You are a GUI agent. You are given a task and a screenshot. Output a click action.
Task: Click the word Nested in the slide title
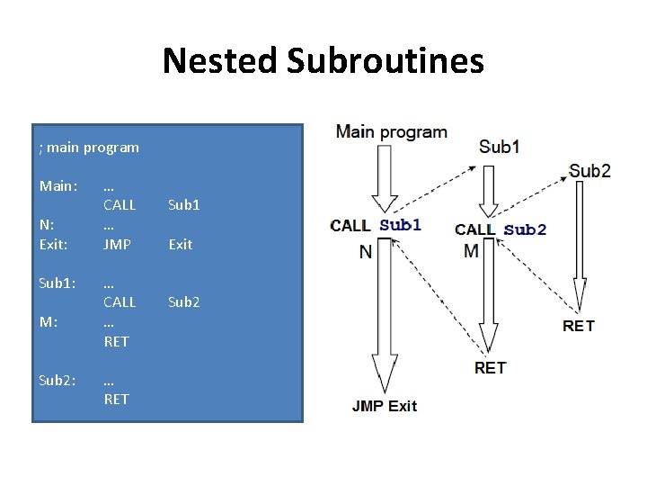[220, 61]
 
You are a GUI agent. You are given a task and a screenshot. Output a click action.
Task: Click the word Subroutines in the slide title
[386, 61]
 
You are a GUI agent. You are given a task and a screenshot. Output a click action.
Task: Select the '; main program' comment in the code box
[89, 147]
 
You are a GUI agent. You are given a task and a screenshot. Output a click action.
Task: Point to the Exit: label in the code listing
[54, 244]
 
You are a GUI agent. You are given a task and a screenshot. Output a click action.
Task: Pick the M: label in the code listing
[49, 322]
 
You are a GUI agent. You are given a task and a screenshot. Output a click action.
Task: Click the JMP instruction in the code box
[117, 244]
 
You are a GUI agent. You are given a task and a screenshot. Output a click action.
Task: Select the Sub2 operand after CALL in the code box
[184, 302]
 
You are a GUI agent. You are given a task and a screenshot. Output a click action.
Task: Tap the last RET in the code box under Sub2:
[116, 399]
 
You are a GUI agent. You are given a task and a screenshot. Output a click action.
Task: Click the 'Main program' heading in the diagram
[391, 132]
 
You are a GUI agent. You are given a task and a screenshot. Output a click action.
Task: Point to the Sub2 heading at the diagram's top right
[589, 171]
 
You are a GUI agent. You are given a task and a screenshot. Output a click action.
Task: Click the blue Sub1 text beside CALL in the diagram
[400, 225]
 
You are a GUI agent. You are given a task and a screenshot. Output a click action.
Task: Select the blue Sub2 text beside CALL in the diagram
[525, 229]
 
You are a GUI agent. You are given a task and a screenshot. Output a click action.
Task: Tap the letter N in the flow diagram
[365, 252]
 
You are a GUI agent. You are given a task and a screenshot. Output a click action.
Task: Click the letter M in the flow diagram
[472, 251]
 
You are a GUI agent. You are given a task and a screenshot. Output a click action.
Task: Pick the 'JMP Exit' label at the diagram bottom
[385, 406]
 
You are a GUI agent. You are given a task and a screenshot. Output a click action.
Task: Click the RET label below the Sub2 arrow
[579, 326]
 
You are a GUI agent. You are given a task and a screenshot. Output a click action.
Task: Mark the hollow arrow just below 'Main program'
[385, 180]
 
